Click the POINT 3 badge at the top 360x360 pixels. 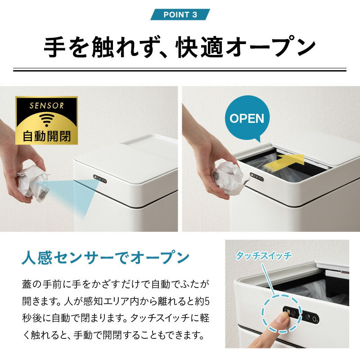point(180,14)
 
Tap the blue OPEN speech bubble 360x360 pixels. point(247,118)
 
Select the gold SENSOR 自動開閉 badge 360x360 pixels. point(46,121)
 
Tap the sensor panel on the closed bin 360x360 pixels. point(100,180)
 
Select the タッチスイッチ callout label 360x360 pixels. point(264,256)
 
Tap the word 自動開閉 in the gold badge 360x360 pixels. point(46,136)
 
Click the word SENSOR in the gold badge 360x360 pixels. point(46,106)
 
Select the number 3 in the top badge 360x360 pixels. point(194,14)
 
